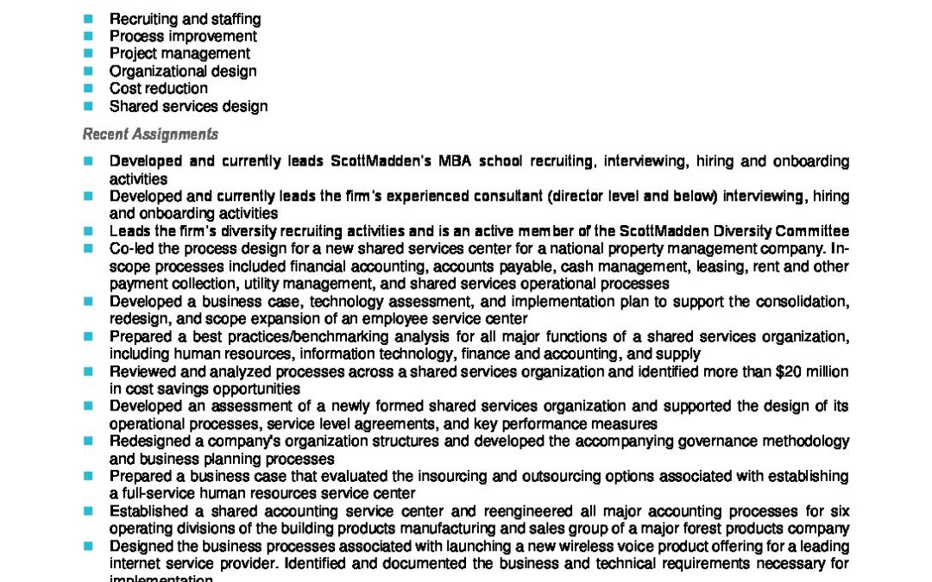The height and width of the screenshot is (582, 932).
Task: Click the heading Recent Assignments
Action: (x=150, y=135)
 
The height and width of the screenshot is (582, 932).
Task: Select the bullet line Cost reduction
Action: (x=158, y=89)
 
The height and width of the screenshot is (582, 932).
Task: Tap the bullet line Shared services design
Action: (x=188, y=107)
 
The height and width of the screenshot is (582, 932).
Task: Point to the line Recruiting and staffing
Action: (x=185, y=19)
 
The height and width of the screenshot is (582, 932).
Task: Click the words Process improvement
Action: (x=183, y=36)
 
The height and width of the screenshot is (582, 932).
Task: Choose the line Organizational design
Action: (x=183, y=72)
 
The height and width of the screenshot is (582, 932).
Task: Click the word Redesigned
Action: (x=148, y=441)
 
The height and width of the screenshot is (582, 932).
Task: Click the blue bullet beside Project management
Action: (x=87, y=54)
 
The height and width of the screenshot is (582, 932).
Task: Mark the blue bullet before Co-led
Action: (x=87, y=249)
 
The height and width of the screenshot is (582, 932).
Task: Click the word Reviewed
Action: (x=143, y=372)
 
